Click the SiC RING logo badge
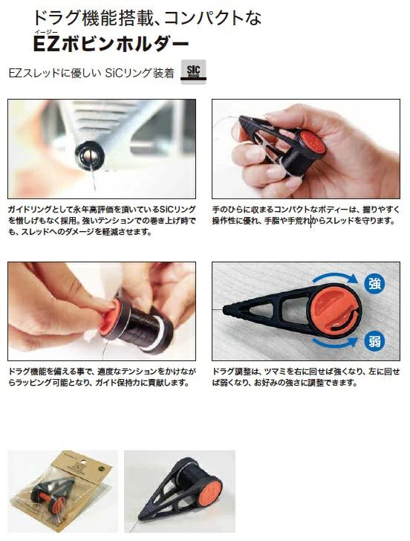click(x=193, y=71)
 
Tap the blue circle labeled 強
click(x=374, y=284)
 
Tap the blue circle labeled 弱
click(x=374, y=341)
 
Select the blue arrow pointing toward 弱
click(x=335, y=343)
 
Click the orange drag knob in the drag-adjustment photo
click(x=334, y=309)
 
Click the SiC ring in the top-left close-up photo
click(x=90, y=155)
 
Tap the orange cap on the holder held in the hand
click(x=312, y=143)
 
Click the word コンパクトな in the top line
click(x=212, y=18)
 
